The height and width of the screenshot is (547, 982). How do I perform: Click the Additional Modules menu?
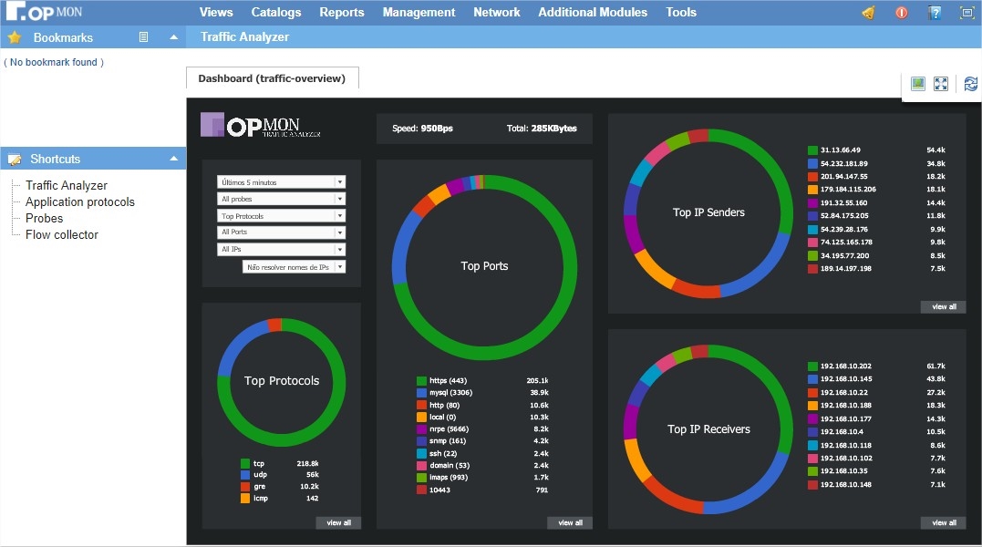593,13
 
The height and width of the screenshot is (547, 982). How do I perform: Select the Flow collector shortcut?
61,234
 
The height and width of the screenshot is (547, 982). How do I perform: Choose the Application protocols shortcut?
79,201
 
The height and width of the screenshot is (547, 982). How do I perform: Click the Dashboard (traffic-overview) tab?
272,78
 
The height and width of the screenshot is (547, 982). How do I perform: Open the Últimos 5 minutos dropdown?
281,182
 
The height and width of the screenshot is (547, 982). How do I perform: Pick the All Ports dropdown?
281,232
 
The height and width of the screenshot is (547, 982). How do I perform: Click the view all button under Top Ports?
570,522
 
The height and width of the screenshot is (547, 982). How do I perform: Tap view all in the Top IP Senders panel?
944,307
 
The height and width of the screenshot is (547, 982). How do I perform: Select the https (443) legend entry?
448,381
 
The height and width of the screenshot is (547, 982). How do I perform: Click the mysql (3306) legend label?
450,393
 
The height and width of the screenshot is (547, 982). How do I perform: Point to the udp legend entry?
260,476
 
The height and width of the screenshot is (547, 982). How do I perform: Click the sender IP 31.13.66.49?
840,150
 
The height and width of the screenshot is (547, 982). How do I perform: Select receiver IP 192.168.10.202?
845,366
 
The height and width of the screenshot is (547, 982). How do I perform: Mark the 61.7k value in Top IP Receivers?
935,366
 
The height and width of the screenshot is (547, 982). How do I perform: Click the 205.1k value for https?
537,381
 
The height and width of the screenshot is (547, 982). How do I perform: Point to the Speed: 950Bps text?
422,129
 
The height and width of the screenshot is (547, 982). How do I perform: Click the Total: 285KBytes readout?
542,129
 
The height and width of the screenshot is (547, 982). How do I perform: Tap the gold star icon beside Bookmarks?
15,38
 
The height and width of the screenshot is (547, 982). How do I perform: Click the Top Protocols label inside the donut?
282,380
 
